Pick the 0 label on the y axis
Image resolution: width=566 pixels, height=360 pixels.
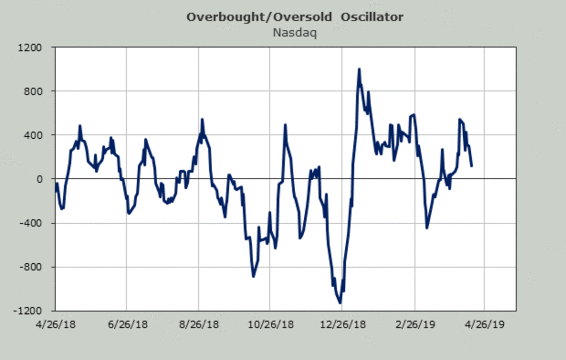tap(40, 179)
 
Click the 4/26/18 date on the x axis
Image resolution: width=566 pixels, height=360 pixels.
tap(55, 325)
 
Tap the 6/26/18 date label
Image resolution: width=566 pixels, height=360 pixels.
tap(126, 325)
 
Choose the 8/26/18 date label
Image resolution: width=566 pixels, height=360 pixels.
tap(199, 325)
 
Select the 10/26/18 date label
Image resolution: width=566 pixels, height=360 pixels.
tap(270, 325)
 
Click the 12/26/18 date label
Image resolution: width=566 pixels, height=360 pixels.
tap(341, 325)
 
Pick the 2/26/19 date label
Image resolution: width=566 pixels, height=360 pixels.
tap(415, 325)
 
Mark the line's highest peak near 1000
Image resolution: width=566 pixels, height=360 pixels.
tap(359, 69)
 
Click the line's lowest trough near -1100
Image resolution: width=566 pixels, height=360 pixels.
tap(340, 302)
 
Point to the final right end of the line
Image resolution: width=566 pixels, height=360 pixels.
tap(472, 166)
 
